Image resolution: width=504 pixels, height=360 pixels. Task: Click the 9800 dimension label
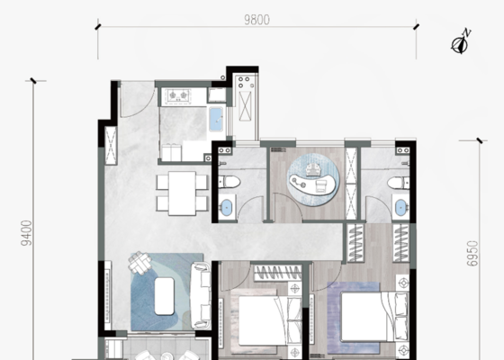coord(256,20)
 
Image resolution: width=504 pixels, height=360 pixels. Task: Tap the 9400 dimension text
coord(26,233)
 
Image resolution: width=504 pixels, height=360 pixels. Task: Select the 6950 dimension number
coord(472,254)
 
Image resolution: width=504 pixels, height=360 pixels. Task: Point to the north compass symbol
coord(460,42)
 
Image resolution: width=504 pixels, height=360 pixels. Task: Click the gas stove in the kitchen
coord(178,95)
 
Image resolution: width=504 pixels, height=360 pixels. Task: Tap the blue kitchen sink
coord(216,120)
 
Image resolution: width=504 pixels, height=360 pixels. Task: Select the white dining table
coord(182,193)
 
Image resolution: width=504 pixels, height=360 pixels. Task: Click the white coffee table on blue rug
coord(164,296)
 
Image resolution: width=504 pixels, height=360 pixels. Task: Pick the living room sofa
coord(201,296)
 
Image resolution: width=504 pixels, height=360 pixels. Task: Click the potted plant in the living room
coord(140,262)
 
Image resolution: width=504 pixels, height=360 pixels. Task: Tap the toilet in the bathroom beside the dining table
coord(229,182)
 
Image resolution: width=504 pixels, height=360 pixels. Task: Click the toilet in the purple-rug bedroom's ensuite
coord(398,184)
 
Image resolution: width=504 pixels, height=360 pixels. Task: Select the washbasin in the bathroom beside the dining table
coord(227,207)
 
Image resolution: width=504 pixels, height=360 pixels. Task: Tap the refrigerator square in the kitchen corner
coord(217,95)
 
